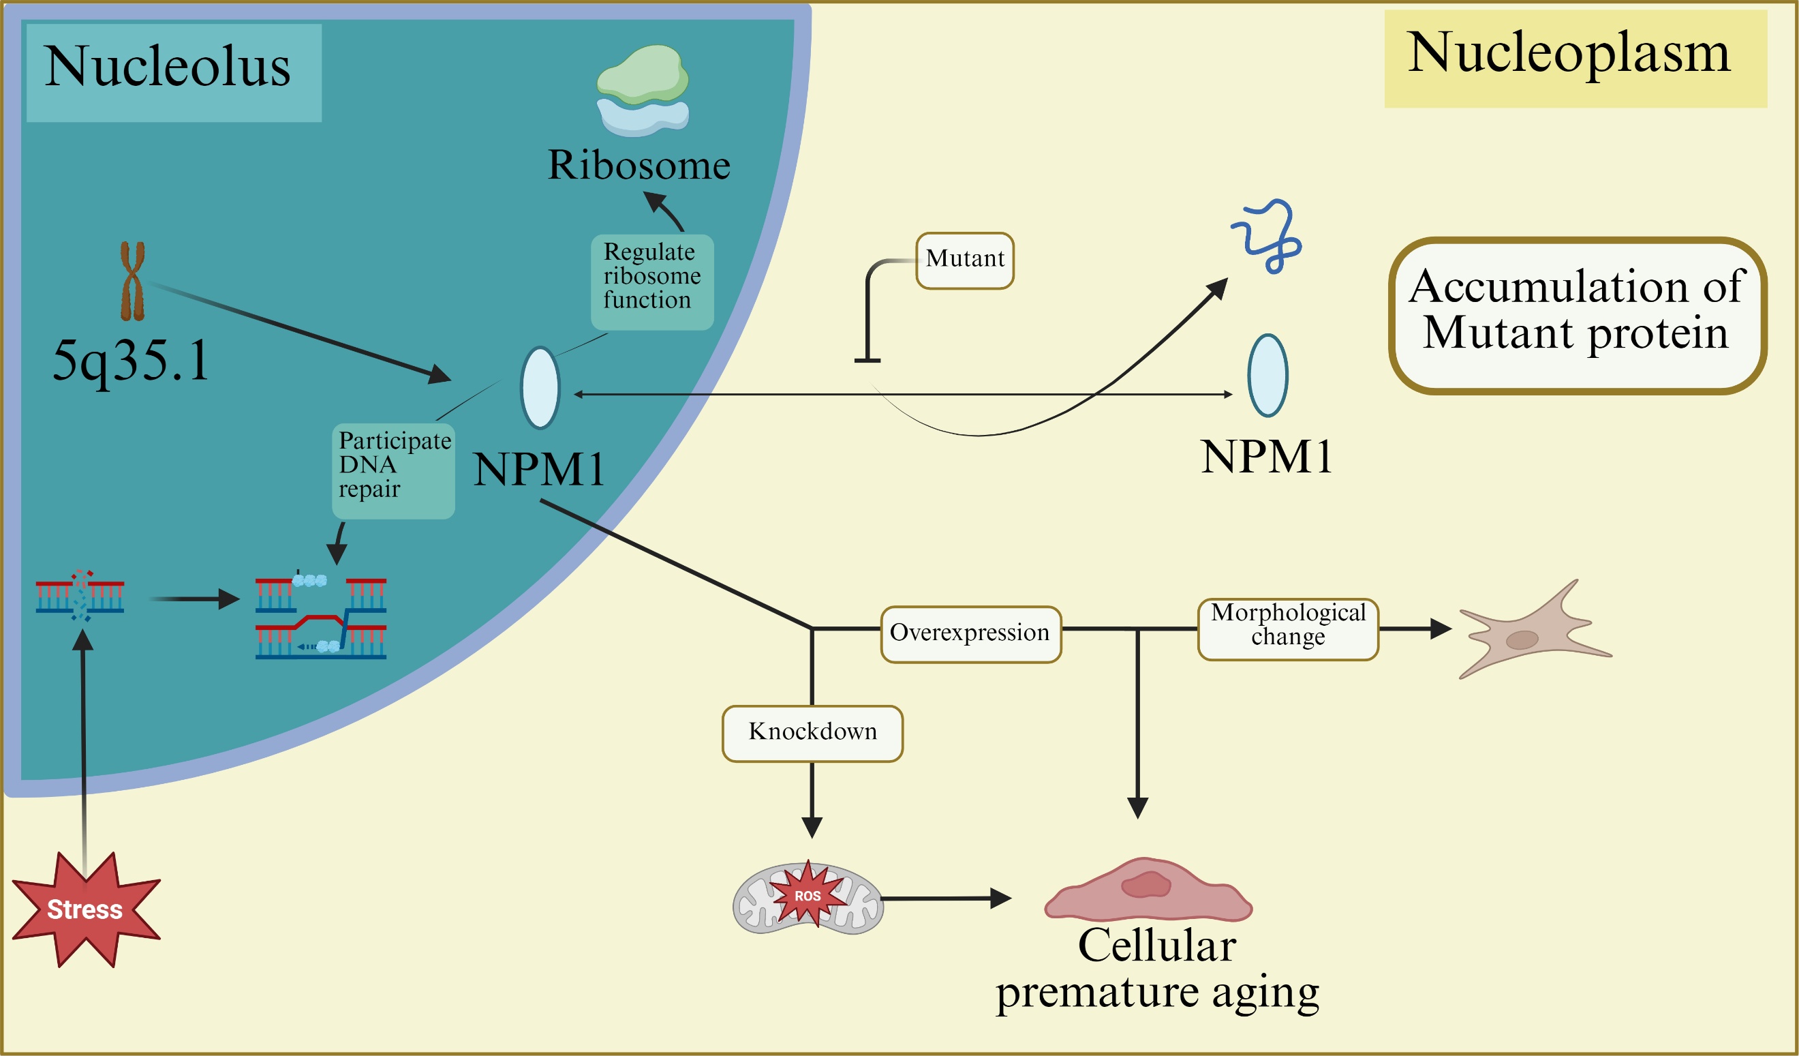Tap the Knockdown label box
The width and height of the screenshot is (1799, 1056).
tap(812, 734)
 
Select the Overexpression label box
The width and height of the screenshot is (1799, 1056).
tap(971, 634)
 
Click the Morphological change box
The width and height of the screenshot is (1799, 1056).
tap(1288, 629)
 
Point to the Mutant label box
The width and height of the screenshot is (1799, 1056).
tap(964, 260)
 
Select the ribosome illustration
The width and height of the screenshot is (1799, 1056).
tap(643, 90)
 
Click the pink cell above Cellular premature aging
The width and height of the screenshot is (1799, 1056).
tap(1148, 890)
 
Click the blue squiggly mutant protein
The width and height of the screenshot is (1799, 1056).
tap(1270, 235)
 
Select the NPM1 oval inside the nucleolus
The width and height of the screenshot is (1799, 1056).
tap(540, 388)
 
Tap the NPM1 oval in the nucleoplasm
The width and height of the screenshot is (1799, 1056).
tap(1267, 375)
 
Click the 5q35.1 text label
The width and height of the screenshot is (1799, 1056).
tap(132, 360)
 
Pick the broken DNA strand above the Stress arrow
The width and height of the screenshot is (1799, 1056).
tap(80, 595)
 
